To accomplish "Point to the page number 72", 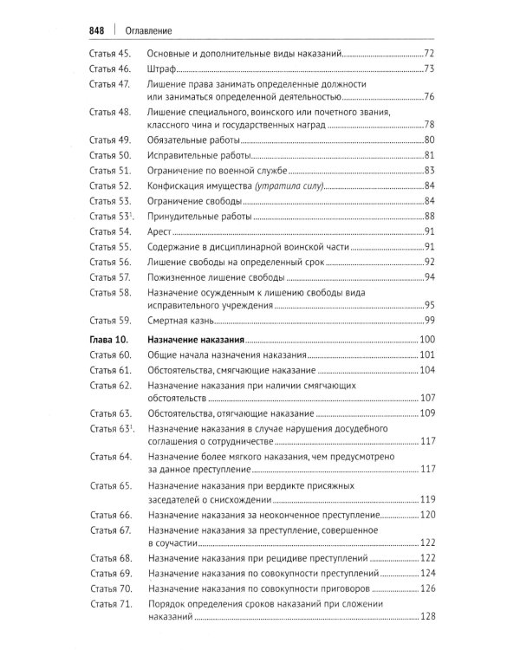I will (x=428, y=53).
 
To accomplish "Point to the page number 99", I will (x=428, y=320).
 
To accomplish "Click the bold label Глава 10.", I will (x=111, y=339).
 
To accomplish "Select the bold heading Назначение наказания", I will (x=197, y=339).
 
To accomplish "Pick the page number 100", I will (x=426, y=339).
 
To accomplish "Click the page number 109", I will (x=426, y=413).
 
